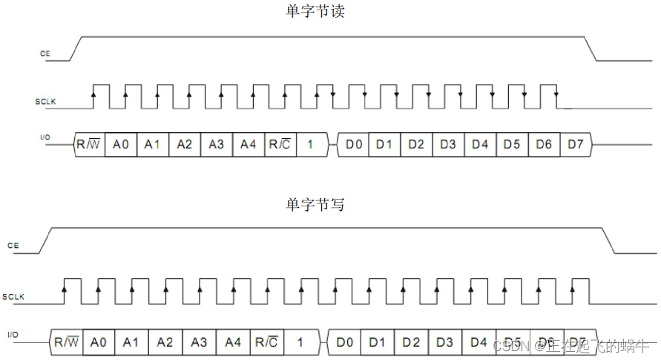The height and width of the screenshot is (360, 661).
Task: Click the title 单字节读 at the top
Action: point(315,12)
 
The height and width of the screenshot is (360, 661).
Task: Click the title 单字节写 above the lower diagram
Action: point(315,205)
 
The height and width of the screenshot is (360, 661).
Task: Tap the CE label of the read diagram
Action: point(45,53)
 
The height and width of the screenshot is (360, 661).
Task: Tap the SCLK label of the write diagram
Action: point(14,297)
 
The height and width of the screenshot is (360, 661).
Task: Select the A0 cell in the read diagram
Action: point(121,144)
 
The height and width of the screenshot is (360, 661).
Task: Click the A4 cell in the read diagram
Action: point(248,144)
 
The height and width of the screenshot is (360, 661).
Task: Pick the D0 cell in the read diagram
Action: point(354,144)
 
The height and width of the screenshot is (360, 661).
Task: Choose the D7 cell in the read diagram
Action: point(576,144)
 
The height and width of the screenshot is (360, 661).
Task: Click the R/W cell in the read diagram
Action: point(88,144)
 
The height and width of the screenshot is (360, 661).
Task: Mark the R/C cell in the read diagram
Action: point(280,144)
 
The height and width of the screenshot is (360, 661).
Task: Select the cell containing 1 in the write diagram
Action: point(300,342)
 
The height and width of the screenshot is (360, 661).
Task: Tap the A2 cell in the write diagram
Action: point(165,342)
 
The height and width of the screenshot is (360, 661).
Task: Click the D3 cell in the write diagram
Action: point(444,342)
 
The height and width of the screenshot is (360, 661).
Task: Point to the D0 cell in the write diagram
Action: point(344,342)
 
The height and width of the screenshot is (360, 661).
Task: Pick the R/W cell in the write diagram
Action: point(66,342)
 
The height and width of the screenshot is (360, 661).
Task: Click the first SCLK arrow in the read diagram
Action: point(93,94)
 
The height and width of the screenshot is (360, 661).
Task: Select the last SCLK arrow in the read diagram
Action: point(556,94)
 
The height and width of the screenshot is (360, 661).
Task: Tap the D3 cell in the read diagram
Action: point(448,144)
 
